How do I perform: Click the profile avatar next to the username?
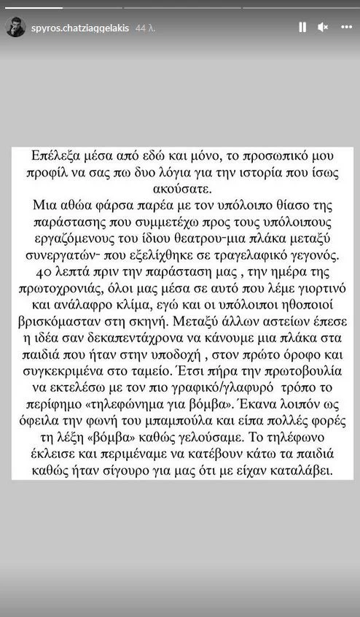tap(15, 28)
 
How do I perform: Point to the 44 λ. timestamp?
tap(146, 28)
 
